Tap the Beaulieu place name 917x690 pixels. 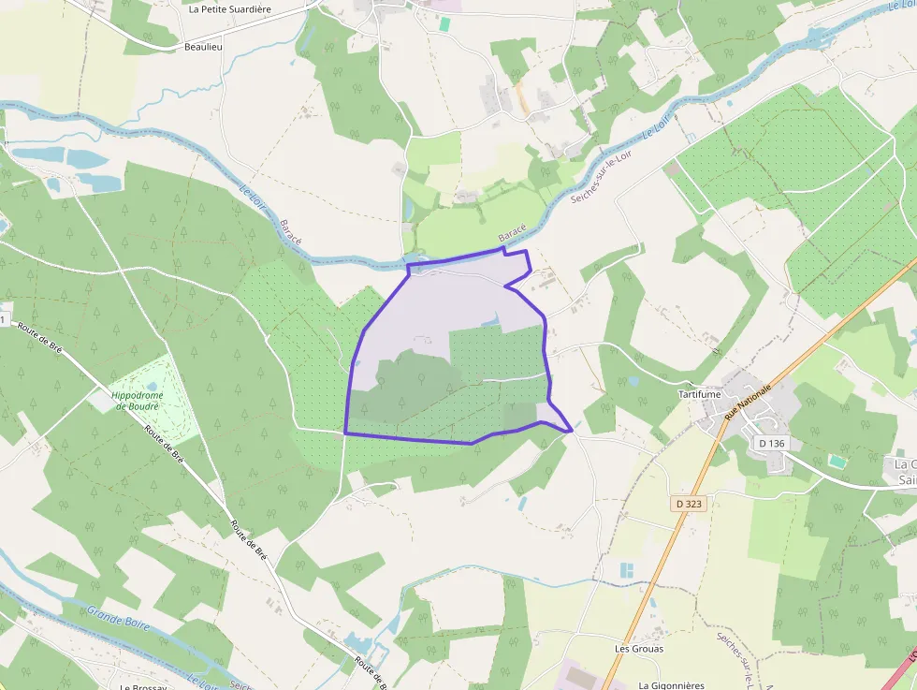(x=204, y=46)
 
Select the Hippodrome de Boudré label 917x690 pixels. (x=138, y=401)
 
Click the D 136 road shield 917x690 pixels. (x=770, y=443)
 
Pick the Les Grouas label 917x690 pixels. (x=639, y=648)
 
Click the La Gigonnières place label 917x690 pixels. (x=671, y=685)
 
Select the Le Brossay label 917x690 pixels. (x=142, y=686)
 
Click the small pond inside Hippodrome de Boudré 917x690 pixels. (x=153, y=385)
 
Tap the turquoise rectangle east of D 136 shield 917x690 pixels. (x=836, y=461)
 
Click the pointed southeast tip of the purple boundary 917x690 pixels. (x=571, y=431)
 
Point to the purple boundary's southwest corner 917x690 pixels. (x=345, y=433)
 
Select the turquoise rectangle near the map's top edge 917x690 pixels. (x=444, y=24)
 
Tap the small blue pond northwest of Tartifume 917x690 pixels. (x=633, y=381)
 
